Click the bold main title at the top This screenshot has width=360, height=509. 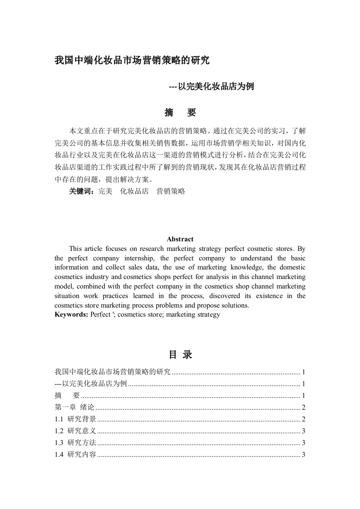click(132, 60)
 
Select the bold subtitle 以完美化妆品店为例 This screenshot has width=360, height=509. click(211, 87)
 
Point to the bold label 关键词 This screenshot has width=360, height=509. click(81, 191)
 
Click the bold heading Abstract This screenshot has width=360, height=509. click(180, 239)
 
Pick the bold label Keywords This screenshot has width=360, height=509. click(71, 314)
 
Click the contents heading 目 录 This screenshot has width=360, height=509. click(180, 355)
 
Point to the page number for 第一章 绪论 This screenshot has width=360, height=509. click(303, 407)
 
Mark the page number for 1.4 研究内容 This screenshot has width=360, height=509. click(303, 455)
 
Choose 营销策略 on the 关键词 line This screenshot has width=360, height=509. click(171, 191)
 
